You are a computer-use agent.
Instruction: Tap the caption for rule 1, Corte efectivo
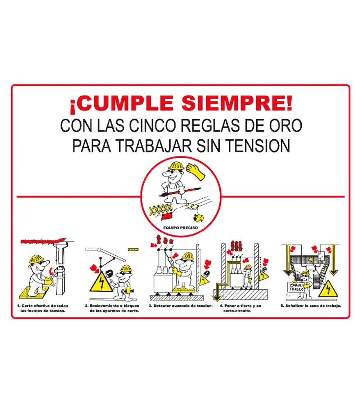tap(43, 308)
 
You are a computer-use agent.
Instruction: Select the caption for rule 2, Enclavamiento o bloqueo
tap(112, 308)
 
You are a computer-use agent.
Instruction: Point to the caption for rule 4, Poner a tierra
tap(237, 308)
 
